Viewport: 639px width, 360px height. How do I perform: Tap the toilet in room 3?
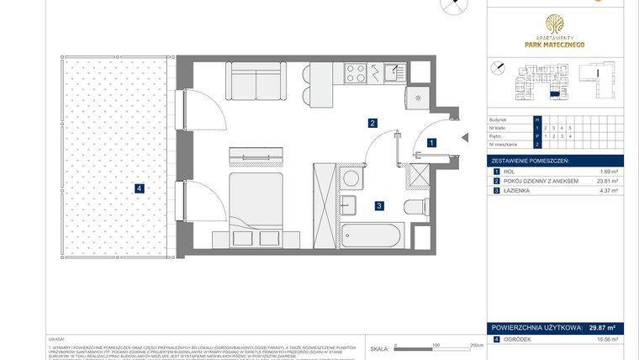coord(417,207)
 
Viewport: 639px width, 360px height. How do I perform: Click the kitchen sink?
coord(393,73)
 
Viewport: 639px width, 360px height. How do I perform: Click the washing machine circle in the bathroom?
coord(351,177)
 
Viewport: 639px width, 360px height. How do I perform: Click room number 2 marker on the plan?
coord(372,123)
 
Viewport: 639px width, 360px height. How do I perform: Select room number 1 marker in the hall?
coord(430,143)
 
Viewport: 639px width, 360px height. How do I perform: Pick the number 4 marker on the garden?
coord(139,188)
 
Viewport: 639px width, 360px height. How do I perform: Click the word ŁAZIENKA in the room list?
coord(519,191)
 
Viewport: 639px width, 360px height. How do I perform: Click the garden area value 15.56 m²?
coord(606,339)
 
